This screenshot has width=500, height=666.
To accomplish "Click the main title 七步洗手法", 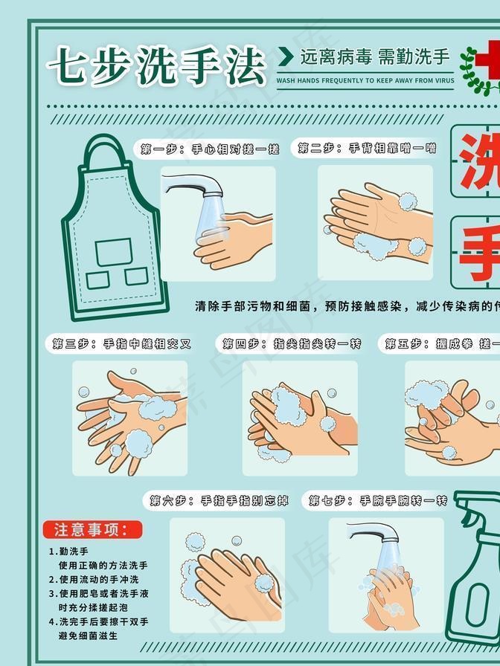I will [156, 66].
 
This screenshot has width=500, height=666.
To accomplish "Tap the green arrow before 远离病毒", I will [285, 56].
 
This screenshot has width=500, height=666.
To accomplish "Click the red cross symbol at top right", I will [488, 56].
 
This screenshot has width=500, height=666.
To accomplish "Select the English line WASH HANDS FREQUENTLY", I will [365, 80].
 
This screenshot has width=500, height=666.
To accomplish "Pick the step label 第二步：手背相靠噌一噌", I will [367, 149].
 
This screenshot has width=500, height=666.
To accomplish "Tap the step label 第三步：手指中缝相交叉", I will [121, 343].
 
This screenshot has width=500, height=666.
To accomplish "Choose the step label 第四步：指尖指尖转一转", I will [292, 343].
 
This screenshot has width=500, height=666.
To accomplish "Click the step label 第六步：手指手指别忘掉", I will [219, 500].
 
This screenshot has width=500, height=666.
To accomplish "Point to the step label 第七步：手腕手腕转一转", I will [378, 500].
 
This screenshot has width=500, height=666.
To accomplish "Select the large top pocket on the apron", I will [114, 251].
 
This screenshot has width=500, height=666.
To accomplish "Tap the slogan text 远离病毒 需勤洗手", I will [374, 56].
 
